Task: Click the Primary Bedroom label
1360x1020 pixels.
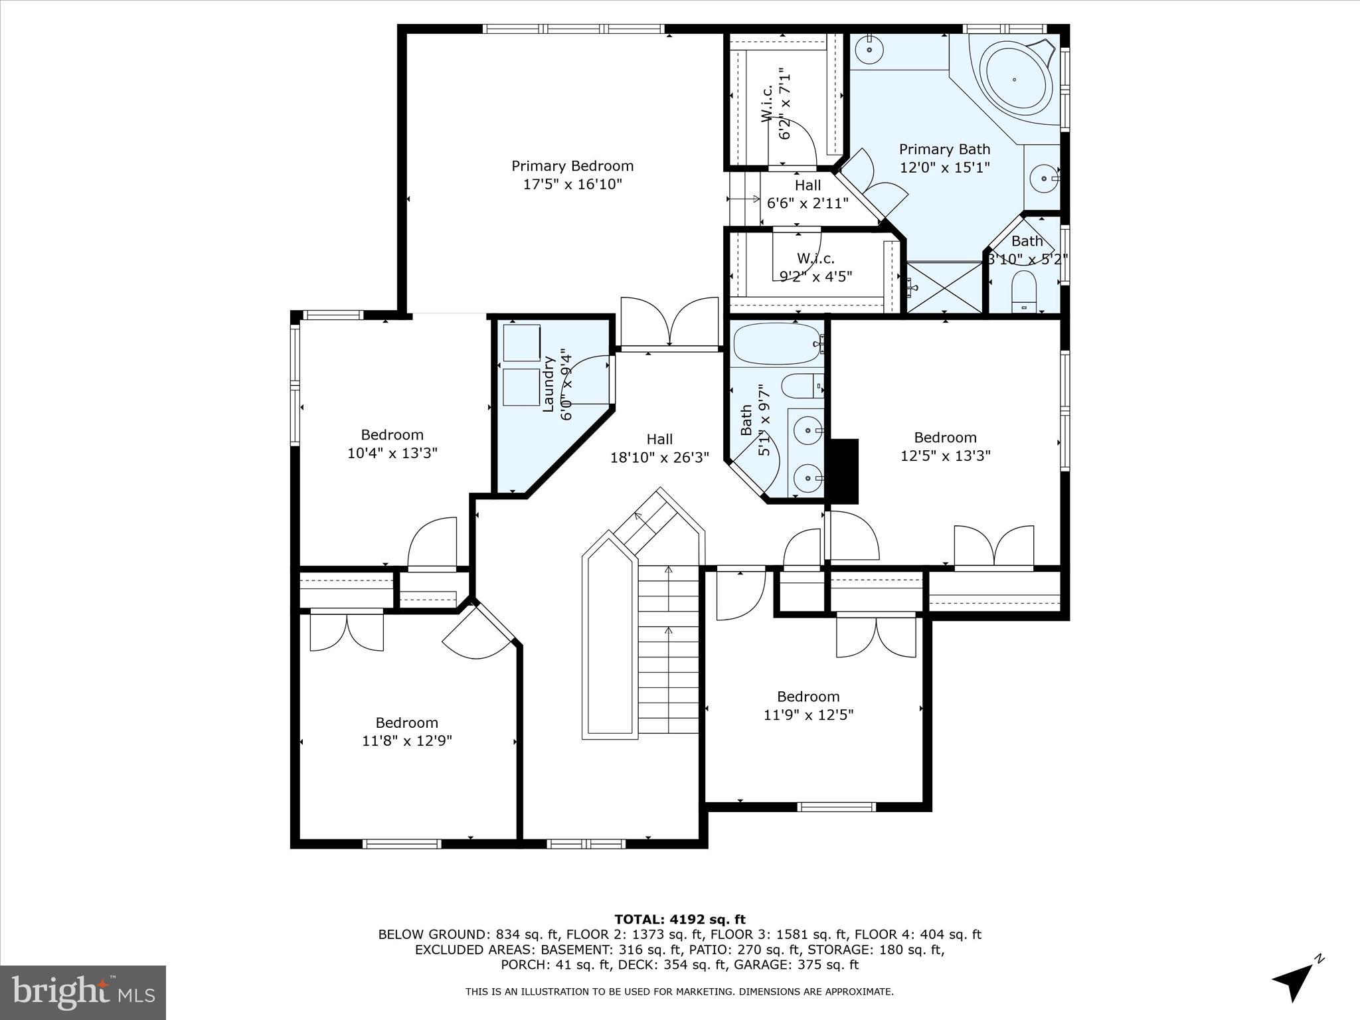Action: coord(572,166)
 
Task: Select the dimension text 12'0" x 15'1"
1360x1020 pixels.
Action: coord(944,167)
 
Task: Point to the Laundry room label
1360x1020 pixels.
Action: coord(549,384)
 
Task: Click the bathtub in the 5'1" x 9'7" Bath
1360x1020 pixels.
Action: coord(777,343)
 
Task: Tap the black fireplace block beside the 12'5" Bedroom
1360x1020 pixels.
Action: coord(845,471)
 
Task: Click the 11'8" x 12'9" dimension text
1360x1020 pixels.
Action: coord(406,741)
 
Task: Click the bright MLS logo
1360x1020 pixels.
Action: coord(83,993)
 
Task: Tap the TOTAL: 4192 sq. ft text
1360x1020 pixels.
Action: coord(679,919)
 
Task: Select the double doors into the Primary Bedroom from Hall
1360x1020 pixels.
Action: coord(669,323)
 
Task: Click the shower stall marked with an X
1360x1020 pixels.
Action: coord(944,287)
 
